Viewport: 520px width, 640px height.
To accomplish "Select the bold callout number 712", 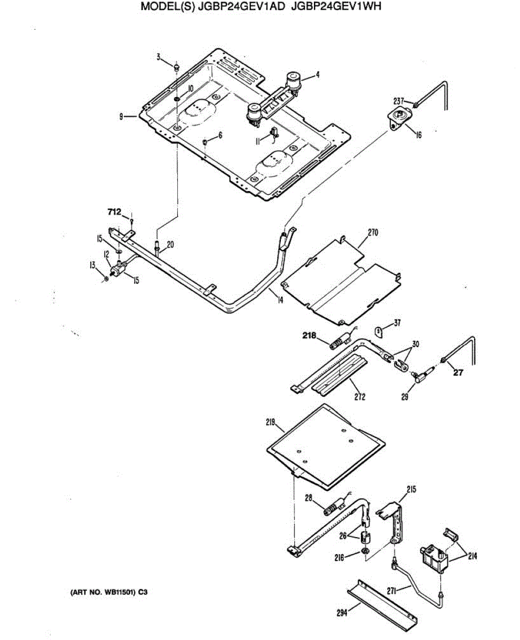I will (114, 212).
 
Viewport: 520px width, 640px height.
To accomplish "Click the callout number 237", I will (399, 100).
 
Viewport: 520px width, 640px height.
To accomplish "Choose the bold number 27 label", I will (458, 373).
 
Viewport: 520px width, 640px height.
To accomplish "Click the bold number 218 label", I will (309, 336).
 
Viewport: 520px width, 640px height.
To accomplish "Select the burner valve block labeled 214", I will (434, 558).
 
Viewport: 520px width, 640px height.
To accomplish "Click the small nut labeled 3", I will (177, 67).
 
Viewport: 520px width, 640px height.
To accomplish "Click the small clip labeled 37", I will (378, 332).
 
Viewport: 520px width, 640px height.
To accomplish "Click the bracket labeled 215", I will (396, 520).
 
